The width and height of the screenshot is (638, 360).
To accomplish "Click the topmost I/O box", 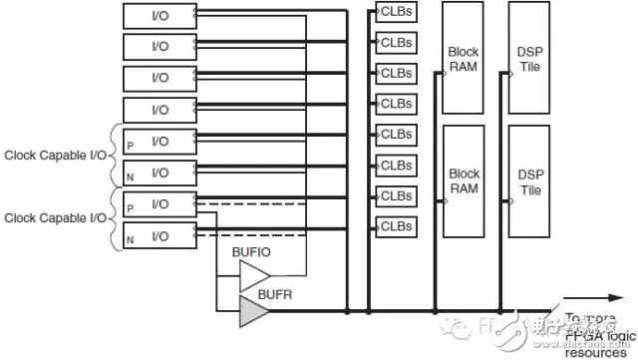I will click(x=159, y=15).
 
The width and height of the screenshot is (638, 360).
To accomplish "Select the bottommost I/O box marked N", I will click(x=159, y=236).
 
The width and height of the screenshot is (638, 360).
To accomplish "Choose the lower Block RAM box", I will click(x=463, y=180).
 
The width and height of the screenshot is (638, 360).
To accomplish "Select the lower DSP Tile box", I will click(x=529, y=180).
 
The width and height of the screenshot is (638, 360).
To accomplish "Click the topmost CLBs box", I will click(x=396, y=11).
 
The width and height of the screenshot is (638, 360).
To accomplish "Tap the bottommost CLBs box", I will click(x=396, y=226).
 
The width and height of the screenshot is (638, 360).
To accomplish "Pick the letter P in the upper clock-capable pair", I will click(x=130, y=146).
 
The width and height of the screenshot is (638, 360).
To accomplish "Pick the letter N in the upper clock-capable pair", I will click(x=130, y=176).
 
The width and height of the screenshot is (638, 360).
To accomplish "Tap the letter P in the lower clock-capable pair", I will click(x=130, y=207).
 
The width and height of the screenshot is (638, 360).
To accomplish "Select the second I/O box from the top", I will click(x=159, y=47).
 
